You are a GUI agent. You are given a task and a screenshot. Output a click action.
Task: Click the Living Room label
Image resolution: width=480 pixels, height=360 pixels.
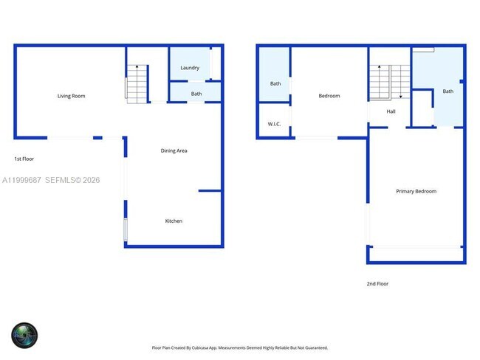point(72,96)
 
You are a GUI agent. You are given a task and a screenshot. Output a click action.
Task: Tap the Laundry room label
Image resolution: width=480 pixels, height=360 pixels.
point(190,68)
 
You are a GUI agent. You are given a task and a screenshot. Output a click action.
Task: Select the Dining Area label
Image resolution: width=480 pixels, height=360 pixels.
point(174,151)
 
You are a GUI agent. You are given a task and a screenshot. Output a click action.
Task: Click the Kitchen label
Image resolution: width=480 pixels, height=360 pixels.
point(174,221)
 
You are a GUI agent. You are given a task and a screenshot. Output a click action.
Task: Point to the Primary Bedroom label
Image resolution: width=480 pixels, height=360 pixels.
point(416,192)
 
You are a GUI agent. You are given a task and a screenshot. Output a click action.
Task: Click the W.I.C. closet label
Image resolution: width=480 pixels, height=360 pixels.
point(274,124)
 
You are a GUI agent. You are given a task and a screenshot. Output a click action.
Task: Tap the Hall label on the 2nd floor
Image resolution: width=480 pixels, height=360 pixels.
point(391,112)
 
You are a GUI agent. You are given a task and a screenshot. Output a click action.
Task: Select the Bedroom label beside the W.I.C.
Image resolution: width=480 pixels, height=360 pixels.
point(329,96)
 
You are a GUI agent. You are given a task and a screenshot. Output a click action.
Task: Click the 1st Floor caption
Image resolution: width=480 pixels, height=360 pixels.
point(24,159)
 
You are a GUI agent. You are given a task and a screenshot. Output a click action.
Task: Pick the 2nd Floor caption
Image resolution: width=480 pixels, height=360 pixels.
point(377,284)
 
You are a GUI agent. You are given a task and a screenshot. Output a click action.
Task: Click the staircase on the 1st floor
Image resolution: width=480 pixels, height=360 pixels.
point(137,83)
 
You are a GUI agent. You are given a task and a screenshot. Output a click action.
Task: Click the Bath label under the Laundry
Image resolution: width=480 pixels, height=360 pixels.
point(196,94)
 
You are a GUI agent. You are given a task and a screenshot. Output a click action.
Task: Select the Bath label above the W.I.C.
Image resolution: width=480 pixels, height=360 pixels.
point(275,83)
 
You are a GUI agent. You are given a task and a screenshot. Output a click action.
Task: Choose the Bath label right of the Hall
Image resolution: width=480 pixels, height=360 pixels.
point(448,91)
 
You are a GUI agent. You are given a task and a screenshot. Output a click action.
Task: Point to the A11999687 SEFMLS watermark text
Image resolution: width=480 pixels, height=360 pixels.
point(51,180)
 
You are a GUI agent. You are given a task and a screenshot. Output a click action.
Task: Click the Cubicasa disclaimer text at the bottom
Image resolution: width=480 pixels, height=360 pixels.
point(240,347)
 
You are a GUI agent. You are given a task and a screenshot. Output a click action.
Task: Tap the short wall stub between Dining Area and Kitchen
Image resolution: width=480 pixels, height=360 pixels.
point(210,191)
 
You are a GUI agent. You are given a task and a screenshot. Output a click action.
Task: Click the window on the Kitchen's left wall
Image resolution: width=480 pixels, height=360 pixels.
point(126,230)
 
